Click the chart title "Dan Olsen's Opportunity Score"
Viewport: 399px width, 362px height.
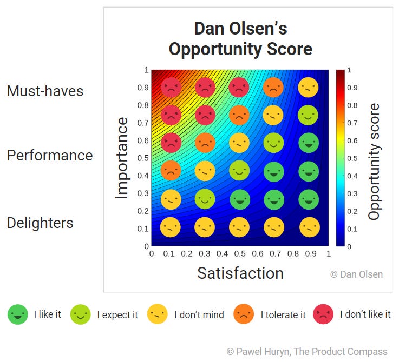point(240,39)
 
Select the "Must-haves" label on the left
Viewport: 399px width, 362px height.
point(45,91)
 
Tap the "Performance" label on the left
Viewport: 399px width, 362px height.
point(50,156)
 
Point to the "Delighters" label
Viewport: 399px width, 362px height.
point(40,223)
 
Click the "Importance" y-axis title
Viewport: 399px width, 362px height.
point(122,158)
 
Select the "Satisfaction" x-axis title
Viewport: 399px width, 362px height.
point(240,273)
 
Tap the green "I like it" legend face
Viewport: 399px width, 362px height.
point(18,314)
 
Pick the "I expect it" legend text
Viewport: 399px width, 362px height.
point(117,314)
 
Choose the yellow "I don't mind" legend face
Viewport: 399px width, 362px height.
point(158,314)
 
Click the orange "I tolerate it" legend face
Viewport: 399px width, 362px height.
point(244,314)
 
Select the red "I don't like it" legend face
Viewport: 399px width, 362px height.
point(323,314)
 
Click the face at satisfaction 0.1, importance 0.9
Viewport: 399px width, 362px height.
point(170,86)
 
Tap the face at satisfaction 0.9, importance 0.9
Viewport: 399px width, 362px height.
point(309,86)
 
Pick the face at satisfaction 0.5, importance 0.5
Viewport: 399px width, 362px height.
point(239,171)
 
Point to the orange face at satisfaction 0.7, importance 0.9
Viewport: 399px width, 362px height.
point(273,86)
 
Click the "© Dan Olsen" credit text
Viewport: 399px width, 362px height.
point(356,274)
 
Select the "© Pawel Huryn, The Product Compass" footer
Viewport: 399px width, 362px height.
point(307,351)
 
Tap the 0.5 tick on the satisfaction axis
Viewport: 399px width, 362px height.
point(240,253)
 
